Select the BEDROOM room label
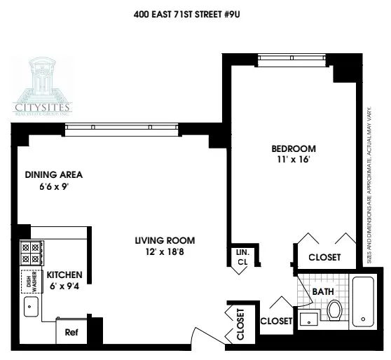294,148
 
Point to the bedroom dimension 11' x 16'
294,160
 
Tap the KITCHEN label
65,275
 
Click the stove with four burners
31,253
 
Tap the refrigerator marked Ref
71,333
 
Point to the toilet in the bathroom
334,308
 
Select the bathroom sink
309,319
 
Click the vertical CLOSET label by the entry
241,324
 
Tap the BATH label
323,291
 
